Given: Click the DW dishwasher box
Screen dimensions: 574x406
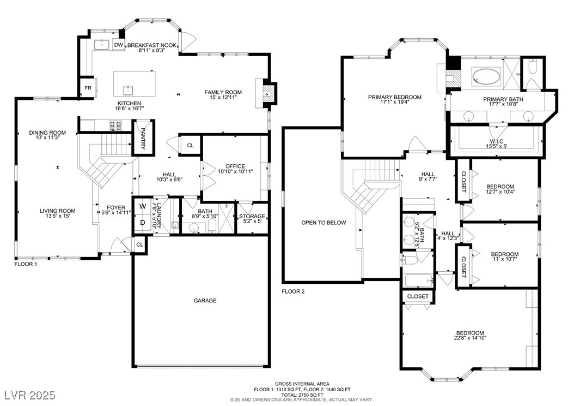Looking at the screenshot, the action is (x=118, y=45).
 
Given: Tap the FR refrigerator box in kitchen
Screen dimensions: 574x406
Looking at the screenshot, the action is (x=88, y=88).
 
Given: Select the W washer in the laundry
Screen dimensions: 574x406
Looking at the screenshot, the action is (x=142, y=206).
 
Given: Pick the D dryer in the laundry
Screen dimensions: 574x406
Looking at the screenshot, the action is (x=142, y=223).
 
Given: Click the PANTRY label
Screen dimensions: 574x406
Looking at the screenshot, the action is (x=143, y=139).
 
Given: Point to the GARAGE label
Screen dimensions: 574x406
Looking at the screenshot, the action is (x=205, y=300).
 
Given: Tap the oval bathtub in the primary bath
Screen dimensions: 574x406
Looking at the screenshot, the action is (x=486, y=76).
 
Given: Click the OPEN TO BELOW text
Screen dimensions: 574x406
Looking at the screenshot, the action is (x=323, y=223).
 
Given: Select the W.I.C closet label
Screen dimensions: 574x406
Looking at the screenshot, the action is (x=496, y=141).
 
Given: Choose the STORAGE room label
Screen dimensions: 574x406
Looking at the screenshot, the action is (x=252, y=216).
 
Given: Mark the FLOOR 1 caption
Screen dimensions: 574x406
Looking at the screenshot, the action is (x=26, y=264).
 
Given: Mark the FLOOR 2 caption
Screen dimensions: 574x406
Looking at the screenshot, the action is (x=293, y=291).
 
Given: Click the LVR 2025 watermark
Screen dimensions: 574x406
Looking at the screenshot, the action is (x=29, y=395).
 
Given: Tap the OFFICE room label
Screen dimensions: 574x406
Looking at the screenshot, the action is (x=235, y=166).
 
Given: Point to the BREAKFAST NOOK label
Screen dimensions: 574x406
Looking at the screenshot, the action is (x=152, y=45).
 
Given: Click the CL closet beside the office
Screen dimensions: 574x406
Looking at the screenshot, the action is (x=191, y=145).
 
